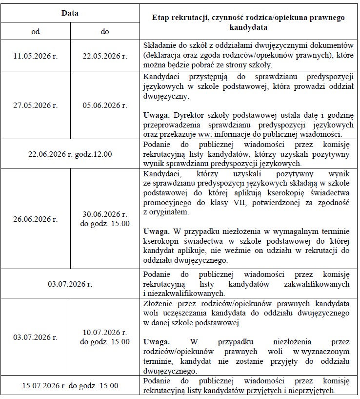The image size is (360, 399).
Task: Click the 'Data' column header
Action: point(70,13)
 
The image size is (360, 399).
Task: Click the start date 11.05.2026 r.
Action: point(35,56)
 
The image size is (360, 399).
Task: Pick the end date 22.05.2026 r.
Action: point(104,56)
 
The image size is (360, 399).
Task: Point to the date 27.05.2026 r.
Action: point(35,105)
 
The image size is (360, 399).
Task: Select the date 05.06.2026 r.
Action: point(104,105)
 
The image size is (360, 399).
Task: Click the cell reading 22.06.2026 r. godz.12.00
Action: point(70,154)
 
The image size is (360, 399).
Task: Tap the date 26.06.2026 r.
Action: point(35,219)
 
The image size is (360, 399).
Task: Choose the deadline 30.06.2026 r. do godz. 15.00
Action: point(104,219)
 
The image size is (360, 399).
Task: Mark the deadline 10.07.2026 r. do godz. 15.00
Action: point(104,337)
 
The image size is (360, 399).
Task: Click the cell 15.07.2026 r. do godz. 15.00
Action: point(70,385)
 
